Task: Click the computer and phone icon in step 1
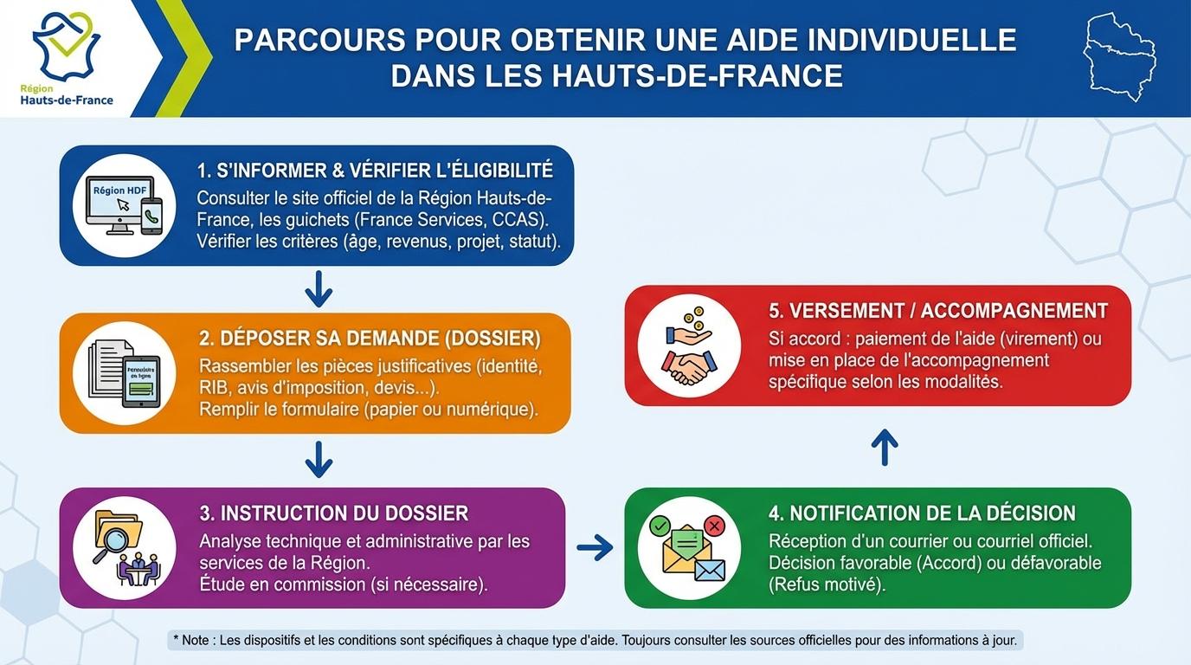[x=124, y=205]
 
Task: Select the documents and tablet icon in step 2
[x=124, y=372]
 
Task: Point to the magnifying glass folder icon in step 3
[x=124, y=547]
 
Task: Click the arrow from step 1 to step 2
[x=319, y=289]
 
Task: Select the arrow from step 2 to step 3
[x=319, y=459]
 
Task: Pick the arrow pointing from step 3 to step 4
[x=595, y=546]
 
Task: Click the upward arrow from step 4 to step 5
[x=884, y=447]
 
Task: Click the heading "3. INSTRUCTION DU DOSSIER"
[x=334, y=513]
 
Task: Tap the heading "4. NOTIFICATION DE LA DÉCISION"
[x=922, y=513]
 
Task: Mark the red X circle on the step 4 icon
[x=714, y=526]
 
